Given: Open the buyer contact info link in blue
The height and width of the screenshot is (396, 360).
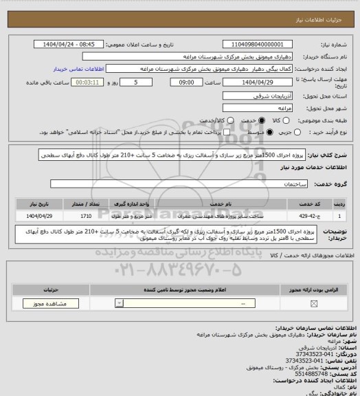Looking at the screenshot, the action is (x=78, y=69).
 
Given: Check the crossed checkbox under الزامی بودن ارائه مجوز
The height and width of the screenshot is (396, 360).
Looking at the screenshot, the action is (x=314, y=303).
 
